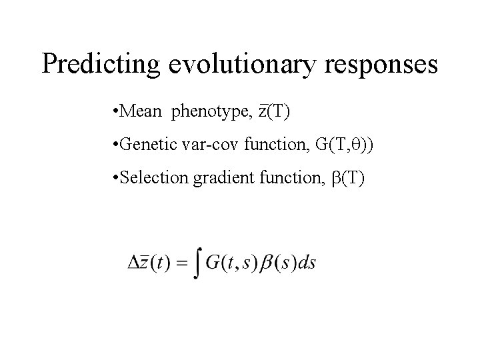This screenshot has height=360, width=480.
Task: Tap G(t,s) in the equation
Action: coord(227,261)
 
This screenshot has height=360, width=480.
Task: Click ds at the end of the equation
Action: coord(307,261)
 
